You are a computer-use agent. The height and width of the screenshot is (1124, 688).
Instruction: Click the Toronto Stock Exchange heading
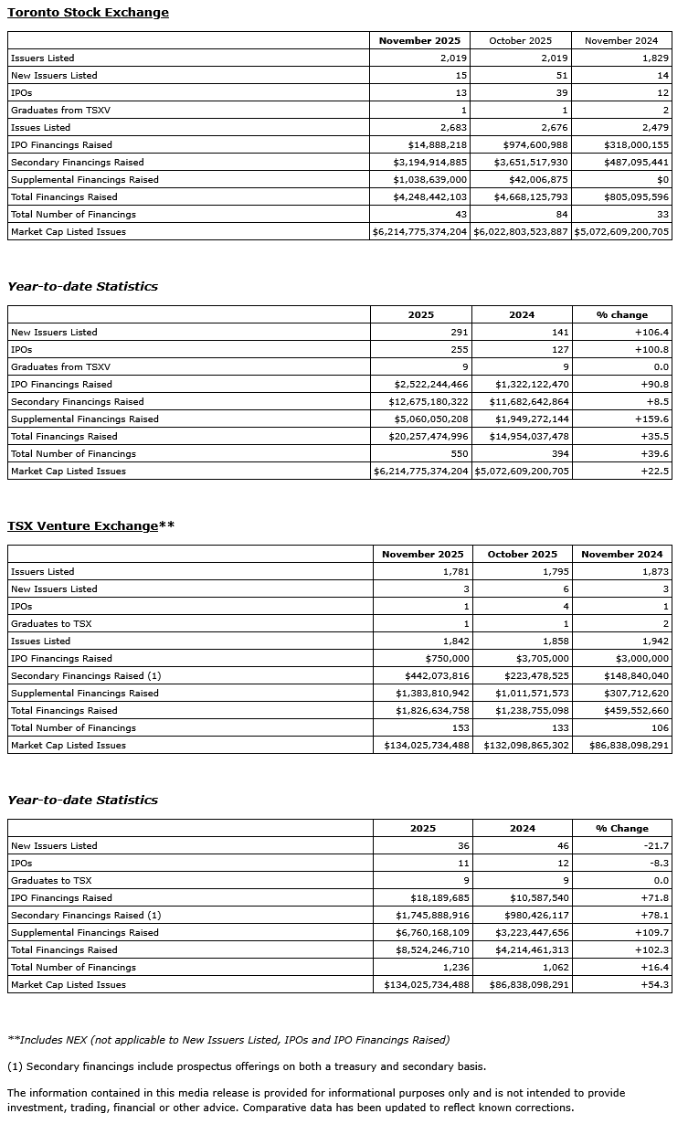88,13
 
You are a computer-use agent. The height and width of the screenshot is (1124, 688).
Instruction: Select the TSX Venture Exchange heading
90,526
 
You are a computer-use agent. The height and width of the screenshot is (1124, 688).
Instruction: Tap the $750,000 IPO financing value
447,659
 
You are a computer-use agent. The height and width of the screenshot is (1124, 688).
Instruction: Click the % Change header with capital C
622,829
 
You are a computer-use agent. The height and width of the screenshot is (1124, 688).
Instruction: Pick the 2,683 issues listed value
453,128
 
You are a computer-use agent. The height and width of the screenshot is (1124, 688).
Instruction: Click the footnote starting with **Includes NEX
228,1040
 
